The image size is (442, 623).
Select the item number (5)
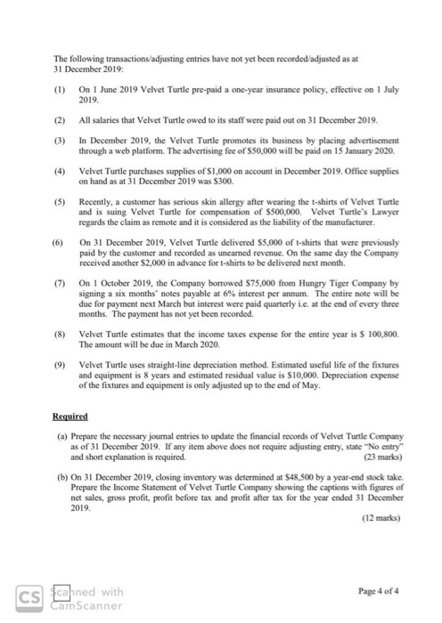click(x=61, y=201)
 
